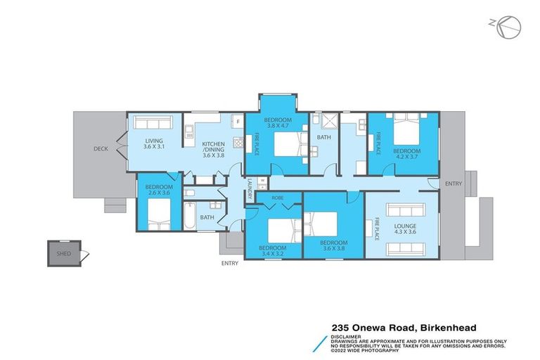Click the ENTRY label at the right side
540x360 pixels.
pos(454,184)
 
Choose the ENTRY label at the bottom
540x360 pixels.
pos(229,264)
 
